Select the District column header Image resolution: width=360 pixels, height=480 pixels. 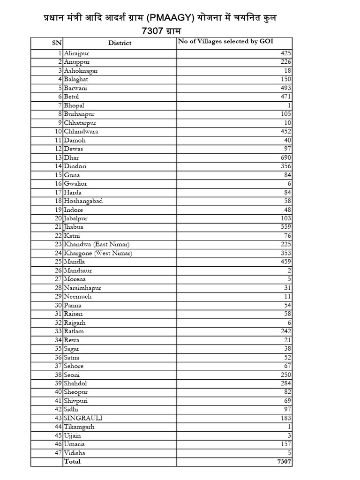(120, 43)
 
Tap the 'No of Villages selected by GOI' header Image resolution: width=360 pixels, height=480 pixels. (218, 42)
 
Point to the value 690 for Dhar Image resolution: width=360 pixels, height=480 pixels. (285, 157)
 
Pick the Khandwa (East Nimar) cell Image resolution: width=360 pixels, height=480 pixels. (97, 244)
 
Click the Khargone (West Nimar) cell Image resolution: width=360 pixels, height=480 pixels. (98, 253)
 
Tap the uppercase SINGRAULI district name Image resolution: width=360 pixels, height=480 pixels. (83, 418)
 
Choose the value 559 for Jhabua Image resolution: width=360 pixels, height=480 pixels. (285, 227)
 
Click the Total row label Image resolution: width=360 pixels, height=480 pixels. (72, 462)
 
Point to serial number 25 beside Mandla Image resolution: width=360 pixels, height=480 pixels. (59, 262)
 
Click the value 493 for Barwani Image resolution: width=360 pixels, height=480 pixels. (285, 88)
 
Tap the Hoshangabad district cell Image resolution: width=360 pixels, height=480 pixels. (83, 201)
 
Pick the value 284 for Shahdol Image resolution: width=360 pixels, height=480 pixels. (285, 383)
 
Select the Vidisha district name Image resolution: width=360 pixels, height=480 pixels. (75, 453)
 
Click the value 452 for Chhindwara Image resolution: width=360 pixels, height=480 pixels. (285, 132)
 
